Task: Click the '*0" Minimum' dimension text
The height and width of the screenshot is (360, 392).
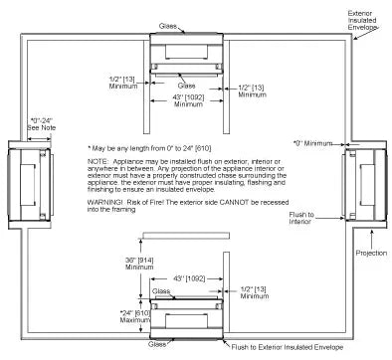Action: tap(316, 143)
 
